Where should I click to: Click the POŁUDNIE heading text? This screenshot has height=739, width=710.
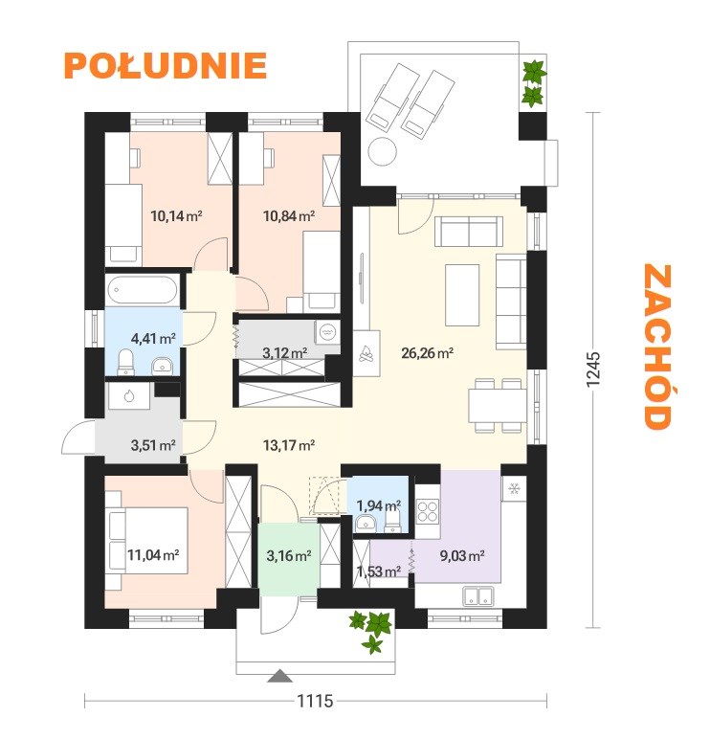click(x=166, y=65)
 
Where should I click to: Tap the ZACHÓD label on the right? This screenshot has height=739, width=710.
click(x=657, y=347)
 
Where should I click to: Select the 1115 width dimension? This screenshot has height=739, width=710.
click(x=315, y=701)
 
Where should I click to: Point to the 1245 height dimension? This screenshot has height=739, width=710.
click(x=592, y=369)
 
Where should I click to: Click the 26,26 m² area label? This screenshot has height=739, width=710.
click(x=428, y=352)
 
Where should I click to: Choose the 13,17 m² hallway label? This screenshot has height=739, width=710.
click(x=289, y=445)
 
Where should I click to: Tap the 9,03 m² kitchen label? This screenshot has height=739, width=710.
click(x=462, y=555)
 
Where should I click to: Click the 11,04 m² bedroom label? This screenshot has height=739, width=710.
click(x=153, y=554)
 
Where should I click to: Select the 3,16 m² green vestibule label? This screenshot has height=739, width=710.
click(x=289, y=555)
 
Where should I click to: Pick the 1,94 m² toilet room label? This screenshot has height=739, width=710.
click(x=379, y=505)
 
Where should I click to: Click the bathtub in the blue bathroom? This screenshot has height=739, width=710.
click(x=142, y=289)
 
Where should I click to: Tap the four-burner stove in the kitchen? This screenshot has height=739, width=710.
click(x=428, y=511)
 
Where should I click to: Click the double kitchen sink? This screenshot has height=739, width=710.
click(x=477, y=595)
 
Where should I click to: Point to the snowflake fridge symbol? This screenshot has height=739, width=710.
click(x=514, y=489)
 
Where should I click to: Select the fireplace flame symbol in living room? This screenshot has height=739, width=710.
click(x=366, y=353)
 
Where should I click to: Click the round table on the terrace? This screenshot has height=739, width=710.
click(x=382, y=151)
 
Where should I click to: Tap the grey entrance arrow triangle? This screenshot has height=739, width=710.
click(x=279, y=676)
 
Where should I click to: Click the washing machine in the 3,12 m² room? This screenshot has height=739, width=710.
click(x=327, y=332)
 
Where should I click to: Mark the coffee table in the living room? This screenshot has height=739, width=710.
click(x=462, y=295)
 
